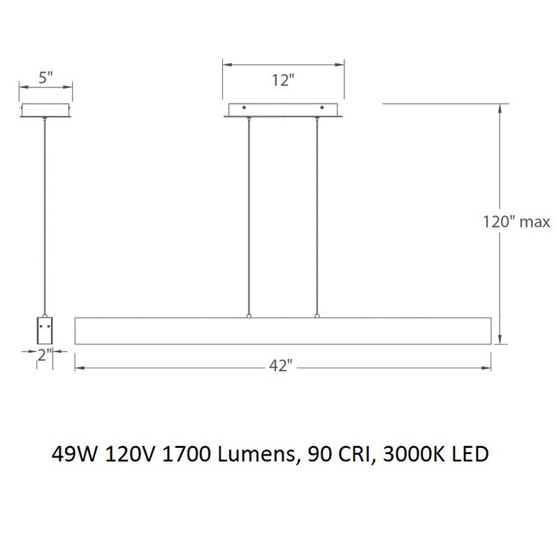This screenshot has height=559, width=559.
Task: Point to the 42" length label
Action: click(280, 366)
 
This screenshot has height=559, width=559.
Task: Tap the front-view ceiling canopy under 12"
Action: click(283, 110)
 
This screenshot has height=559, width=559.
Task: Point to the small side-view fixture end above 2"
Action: click(46, 331)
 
